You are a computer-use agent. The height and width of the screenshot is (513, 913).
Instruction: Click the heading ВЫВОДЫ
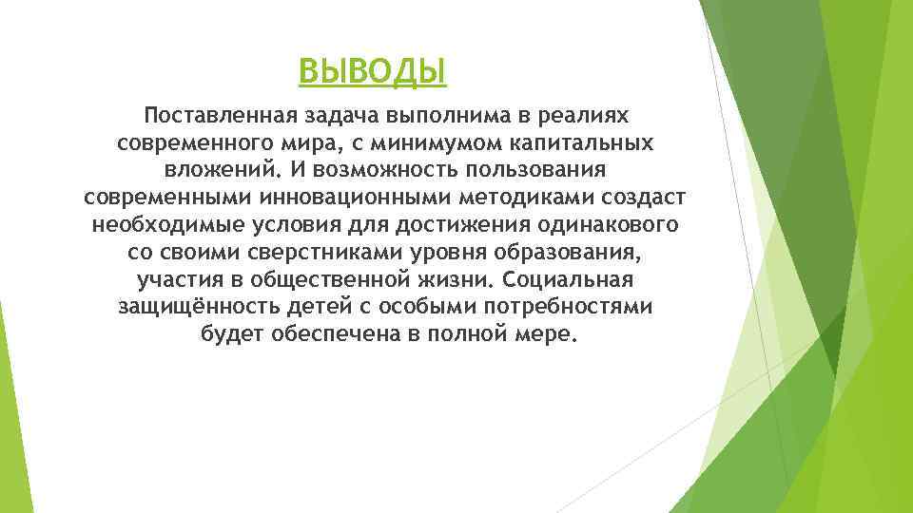372,70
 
